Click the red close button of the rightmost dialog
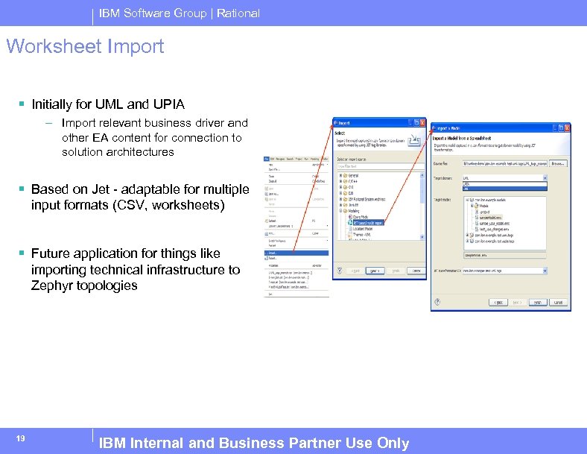pos(567,127)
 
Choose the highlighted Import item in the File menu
pos(273,253)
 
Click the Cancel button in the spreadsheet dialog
pos(557,302)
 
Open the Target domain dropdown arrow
pos(566,178)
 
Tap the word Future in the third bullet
pos(52,253)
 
